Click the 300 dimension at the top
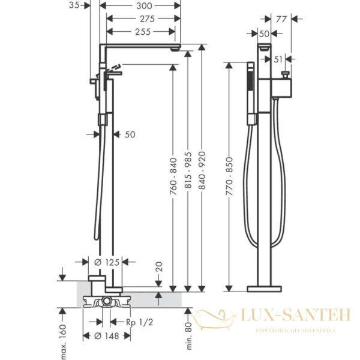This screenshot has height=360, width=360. point(144,6)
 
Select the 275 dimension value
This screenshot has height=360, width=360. point(147,19)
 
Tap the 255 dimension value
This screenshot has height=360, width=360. point(143,32)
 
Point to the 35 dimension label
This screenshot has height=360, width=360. point(74,5)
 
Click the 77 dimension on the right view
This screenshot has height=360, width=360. point(281,19)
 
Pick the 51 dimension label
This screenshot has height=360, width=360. point(278,59)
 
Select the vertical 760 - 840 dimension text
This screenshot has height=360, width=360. point(173,176)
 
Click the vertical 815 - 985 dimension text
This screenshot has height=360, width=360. point(188,170)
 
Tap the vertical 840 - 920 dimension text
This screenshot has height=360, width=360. point(202,170)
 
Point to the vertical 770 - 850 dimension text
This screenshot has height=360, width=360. point(229,176)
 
